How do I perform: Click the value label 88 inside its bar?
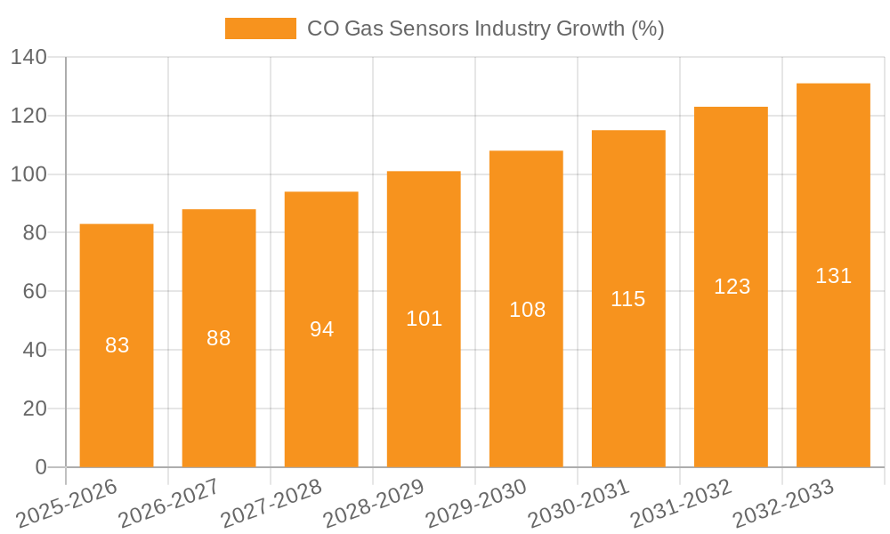click(x=219, y=338)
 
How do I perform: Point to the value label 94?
click(x=321, y=329)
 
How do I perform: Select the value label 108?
click(x=527, y=310)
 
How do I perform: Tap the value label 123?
click(x=732, y=287)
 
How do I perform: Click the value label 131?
click(x=833, y=276)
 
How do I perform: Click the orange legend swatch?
click(x=260, y=28)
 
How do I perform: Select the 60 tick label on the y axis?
click(x=34, y=292)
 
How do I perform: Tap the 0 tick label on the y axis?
click(x=40, y=467)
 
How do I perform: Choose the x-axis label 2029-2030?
click(x=477, y=504)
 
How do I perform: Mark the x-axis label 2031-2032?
click(x=681, y=504)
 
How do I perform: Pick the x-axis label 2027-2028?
click(x=272, y=504)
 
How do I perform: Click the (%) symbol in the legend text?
click(x=647, y=28)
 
